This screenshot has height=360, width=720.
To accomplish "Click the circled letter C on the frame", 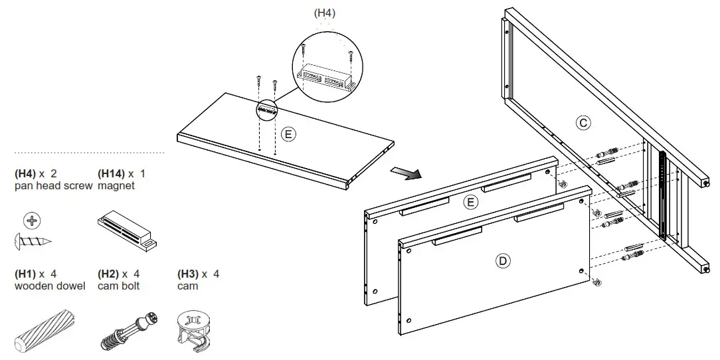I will (583, 122).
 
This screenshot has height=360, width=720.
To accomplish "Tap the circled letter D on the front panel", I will (502, 261).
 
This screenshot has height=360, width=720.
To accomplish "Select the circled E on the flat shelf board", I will (288, 134).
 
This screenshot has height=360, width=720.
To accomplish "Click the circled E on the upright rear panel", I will (471, 202).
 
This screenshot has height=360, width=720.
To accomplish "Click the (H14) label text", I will (110, 173).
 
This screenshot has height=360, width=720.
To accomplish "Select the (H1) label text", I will (25, 274).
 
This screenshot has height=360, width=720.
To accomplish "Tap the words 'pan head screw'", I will (53, 186).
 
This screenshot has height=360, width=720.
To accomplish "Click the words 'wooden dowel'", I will (50, 286).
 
